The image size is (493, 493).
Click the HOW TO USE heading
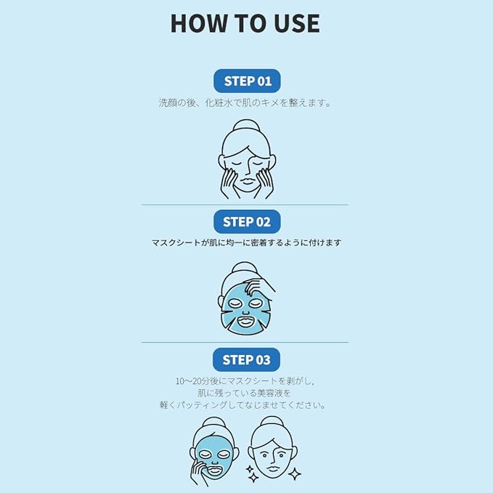pos(245,23)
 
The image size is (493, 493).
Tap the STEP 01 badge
pos(247,81)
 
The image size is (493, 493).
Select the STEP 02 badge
pos(247,221)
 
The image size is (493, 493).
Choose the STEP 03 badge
pos(247,359)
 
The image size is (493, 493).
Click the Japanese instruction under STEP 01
pos(245,103)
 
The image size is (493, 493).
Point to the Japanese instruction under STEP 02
pos(246,243)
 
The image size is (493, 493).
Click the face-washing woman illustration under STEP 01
pos(245,160)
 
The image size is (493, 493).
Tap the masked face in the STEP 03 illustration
pos(215,457)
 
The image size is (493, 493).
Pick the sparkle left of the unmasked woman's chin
pos(252,476)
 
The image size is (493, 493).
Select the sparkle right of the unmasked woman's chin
pos(294,473)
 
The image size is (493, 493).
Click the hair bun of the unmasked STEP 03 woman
pos(274,423)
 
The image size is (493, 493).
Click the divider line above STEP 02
pos(245,205)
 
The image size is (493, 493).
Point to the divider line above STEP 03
pos(245,342)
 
